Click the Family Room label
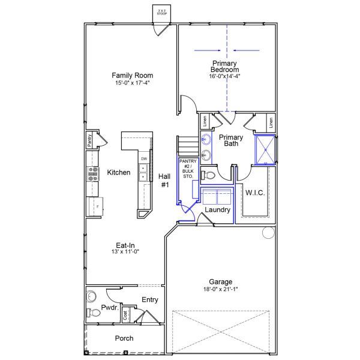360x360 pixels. (x=132, y=76)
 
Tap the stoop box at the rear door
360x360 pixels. (x=162, y=12)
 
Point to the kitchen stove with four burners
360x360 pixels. (x=94, y=173)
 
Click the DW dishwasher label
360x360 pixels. (x=144, y=158)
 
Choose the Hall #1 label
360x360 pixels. (x=164, y=181)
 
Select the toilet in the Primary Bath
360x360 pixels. (x=207, y=175)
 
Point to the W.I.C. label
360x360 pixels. (x=254, y=193)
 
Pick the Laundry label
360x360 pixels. (x=217, y=210)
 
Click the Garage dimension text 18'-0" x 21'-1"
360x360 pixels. (x=221, y=290)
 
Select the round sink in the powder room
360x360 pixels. (x=91, y=296)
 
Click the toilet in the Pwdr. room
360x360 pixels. (x=93, y=313)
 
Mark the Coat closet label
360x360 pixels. (x=125, y=314)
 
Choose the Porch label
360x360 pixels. (x=124, y=338)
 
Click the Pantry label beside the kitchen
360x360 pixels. (x=89, y=141)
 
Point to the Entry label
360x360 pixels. (x=149, y=299)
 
